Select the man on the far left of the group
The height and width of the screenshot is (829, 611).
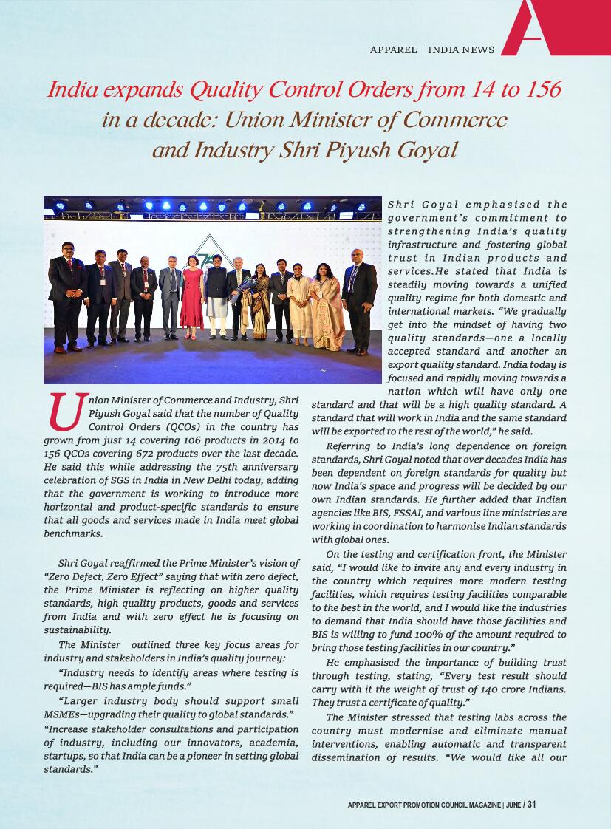click(66, 299)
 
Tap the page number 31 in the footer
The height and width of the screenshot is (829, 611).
click(531, 805)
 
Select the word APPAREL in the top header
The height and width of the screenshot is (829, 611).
click(394, 50)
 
